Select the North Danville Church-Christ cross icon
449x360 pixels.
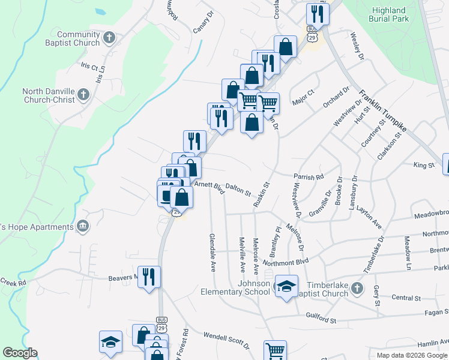(83, 95)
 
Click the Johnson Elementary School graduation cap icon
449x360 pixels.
(286, 287)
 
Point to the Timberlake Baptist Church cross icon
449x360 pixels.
(357, 289)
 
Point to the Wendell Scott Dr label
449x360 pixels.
(226, 341)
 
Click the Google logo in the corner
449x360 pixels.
(20, 353)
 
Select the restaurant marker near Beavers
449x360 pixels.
(149, 277)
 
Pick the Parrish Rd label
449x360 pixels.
(309, 177)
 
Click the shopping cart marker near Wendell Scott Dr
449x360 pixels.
(275, 350)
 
